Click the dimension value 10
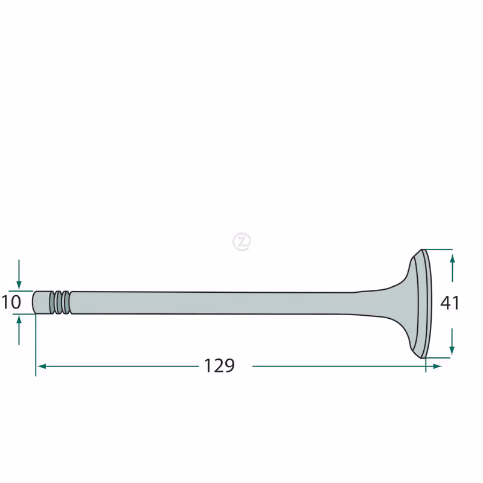point(11,302)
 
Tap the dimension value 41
point(450,303)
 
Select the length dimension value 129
point(219,366)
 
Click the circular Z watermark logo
point(242,241)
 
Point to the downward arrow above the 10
point(19,275)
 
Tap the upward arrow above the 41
point(452,267)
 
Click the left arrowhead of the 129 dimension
point(42,366)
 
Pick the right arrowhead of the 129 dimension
point(437,366)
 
